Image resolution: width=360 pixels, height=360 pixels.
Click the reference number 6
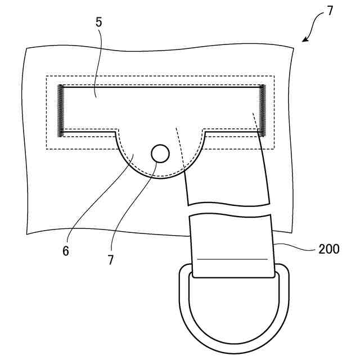tap(65, 251)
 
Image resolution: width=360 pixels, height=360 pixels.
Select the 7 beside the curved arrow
tap(330, 11)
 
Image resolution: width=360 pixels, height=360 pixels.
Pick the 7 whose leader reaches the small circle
tap(111, 260)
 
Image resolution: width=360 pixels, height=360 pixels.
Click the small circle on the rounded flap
tap(160, 152)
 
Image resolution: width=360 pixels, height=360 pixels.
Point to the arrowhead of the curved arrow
tap(305, 39)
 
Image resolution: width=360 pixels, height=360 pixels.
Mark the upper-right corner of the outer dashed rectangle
tap(274, 76)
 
